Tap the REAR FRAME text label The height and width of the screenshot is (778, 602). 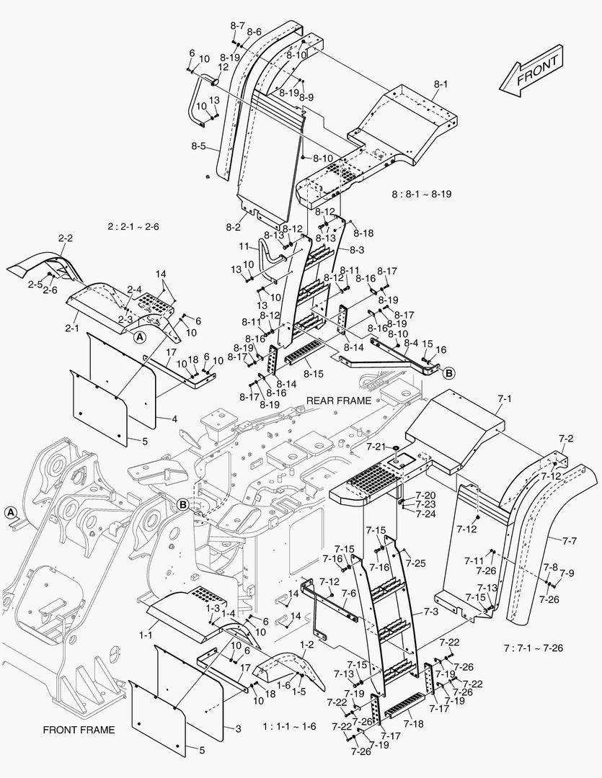(339, 401)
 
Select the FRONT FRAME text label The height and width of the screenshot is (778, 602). (79, 730)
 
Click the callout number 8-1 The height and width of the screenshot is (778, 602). (441, 84)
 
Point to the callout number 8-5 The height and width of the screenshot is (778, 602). (199, 146)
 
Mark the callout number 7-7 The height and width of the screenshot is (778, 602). (570, 540)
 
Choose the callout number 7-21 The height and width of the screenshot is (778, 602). (377, 447)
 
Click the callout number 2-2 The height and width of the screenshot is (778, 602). (66, 238)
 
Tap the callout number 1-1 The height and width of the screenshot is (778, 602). (145, 635)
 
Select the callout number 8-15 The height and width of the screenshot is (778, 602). (314, 373)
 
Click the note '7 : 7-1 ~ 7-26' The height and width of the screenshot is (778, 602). (534, 648)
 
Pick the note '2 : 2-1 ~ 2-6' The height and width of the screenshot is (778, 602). (133, 226)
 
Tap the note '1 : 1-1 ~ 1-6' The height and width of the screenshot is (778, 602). (289, 726)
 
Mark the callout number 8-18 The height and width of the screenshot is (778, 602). (364, 233)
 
